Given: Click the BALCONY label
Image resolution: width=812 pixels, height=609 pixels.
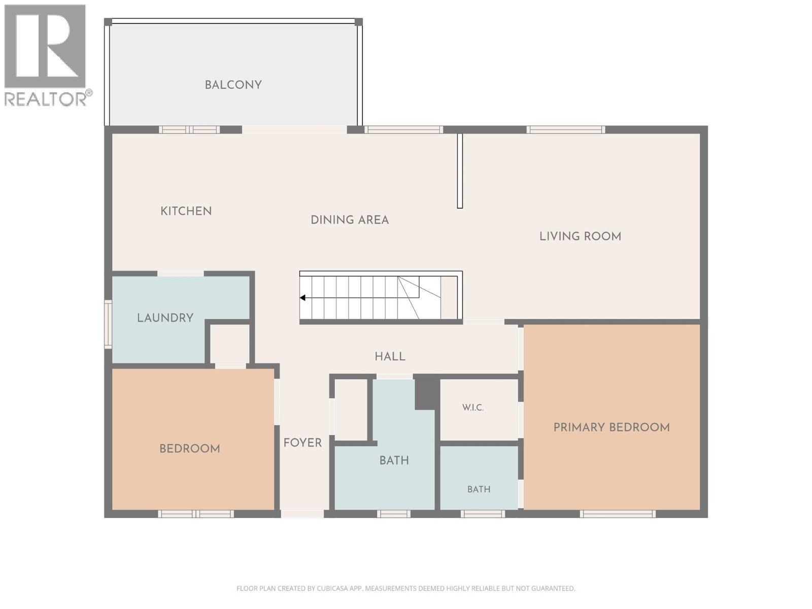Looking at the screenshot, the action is [x=233, y=85].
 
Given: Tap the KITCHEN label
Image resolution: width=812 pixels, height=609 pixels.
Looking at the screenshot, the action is [x=186, y=211].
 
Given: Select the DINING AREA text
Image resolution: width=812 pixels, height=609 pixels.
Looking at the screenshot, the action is [x=350, y=220].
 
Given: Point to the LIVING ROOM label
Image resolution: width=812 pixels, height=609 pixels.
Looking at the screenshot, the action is [x=580, y=236].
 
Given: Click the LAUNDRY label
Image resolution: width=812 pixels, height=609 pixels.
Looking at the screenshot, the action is [x=165, y=318].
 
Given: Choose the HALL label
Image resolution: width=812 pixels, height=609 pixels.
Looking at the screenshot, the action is [x=390, y=356].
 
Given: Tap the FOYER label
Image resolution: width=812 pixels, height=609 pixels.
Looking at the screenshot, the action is [x=302, y=443].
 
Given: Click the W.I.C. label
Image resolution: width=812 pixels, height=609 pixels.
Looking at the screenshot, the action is [x=473, y=408].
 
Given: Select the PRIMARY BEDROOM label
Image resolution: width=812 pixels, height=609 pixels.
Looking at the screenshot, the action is [x=612, y=427].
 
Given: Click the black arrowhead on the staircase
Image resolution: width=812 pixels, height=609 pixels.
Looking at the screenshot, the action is [x=302, y=298].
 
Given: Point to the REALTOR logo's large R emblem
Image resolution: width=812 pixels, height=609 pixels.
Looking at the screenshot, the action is [x=45, y=46].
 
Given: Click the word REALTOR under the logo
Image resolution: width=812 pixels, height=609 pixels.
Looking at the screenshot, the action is [x=46, y=99].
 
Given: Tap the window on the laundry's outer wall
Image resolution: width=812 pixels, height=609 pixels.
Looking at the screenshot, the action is [x=108, y=324].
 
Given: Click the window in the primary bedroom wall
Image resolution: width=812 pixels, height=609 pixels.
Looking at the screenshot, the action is [x=618, y=514].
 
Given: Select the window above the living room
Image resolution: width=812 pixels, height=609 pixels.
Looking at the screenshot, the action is [x=566, y=129].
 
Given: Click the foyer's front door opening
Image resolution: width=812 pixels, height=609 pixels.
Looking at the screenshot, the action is [x=302, y=514].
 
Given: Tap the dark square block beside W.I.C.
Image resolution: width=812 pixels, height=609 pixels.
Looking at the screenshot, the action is [x=427, y=394].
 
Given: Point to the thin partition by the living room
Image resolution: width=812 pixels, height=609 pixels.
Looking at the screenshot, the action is [x=460, y=171].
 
